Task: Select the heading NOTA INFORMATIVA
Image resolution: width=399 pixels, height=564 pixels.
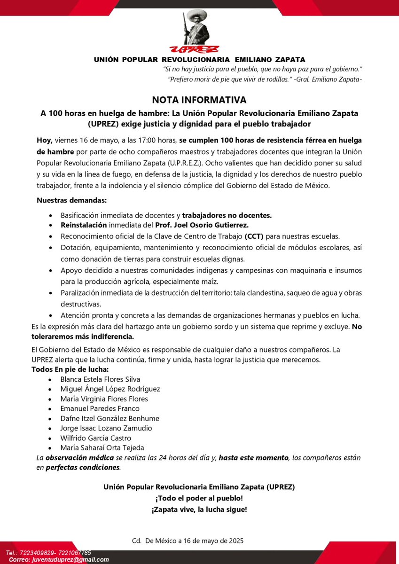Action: pyautogui.click(x=199, y=100)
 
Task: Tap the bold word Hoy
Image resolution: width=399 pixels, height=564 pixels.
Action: pyautogui.click(x=45, y=140)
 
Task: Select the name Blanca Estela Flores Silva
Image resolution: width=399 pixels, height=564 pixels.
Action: pyautogui.click(x=100, y=379)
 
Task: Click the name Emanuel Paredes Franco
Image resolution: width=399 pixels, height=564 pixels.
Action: pyautogui.click(x=100, y=408)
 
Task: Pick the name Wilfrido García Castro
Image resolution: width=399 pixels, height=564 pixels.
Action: pyautogui.click(x=96, y=438)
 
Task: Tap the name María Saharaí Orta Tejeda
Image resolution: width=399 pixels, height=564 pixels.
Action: pyautogui.click(x=102, y=448)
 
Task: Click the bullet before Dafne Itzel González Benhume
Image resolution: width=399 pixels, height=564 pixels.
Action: pyautogui.click(x=51, y=419)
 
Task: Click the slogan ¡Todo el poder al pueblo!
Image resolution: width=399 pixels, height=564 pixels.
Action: pyautogui.click(x=199, y=498)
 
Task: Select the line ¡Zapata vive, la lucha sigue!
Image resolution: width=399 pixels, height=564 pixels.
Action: pyautogui.click(x=199, y=509)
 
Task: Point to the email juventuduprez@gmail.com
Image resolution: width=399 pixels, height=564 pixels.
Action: pyautogui.click(x=70, y=560)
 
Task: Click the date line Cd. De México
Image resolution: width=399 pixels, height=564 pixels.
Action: pyautogui.click(x=188, y=540)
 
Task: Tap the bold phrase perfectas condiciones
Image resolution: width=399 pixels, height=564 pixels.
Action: pyautogui.click(x=83, y=468)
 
